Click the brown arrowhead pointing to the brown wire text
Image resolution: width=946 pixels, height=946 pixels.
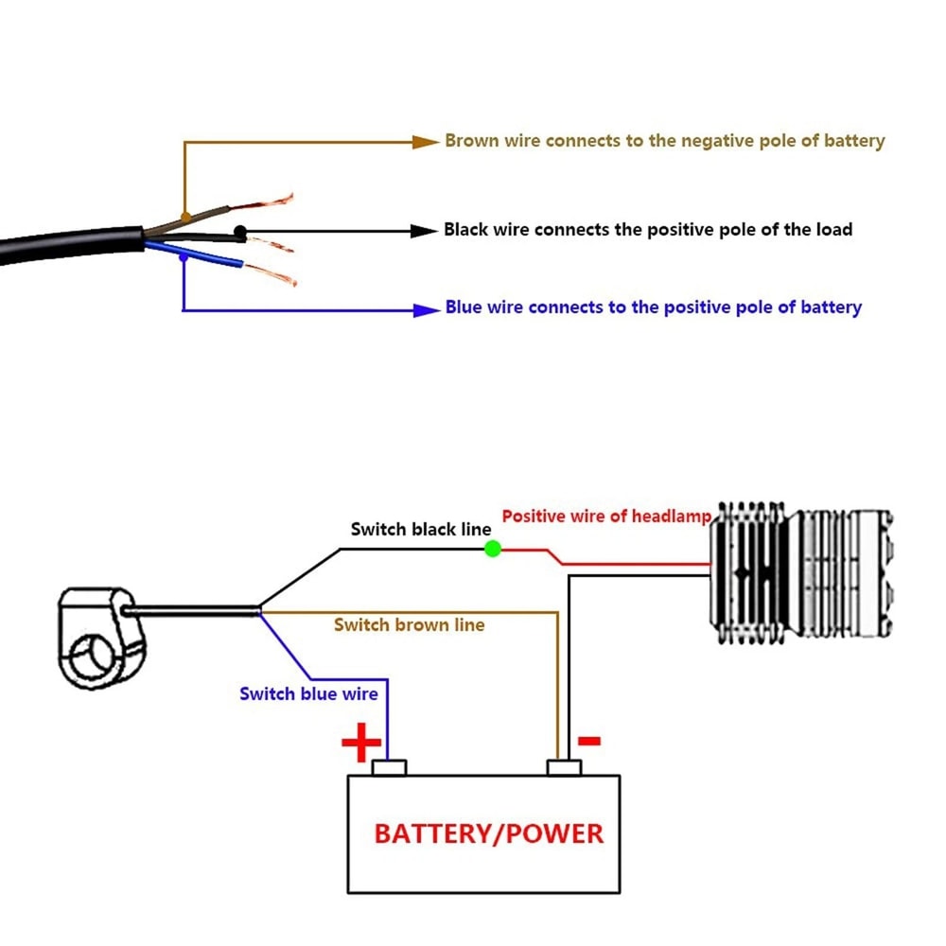(428, 142)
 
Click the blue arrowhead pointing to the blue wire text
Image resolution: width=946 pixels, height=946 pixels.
(428, 308)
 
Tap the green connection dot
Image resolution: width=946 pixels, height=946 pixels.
(493, 548)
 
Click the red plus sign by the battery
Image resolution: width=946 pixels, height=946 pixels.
(360, 745)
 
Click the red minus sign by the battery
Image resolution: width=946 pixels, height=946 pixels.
(589, 741)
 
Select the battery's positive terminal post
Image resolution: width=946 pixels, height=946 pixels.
(389, 767)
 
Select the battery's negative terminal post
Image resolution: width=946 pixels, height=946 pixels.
(564, 767)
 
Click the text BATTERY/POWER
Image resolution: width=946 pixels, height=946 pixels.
(488, 833)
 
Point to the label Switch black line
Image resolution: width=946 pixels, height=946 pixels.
(421, 530)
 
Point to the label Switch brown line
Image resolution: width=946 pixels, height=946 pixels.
(409, 625)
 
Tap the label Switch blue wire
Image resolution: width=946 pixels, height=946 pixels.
(308, 694)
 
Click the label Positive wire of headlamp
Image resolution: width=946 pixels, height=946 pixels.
(606, 517)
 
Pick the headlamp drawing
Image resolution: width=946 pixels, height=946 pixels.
(801, 572)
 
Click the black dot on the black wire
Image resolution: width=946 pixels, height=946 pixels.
(240, 231)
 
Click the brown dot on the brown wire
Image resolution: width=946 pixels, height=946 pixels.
(185, 217)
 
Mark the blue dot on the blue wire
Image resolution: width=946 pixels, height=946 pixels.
(183, 257)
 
